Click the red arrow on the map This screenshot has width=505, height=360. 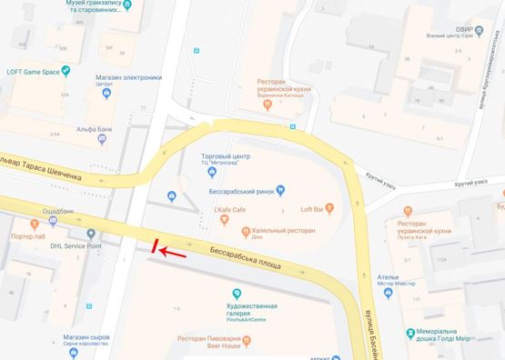169,250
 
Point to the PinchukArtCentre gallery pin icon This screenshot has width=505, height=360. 237,293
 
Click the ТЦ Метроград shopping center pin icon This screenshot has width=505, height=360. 212,171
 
